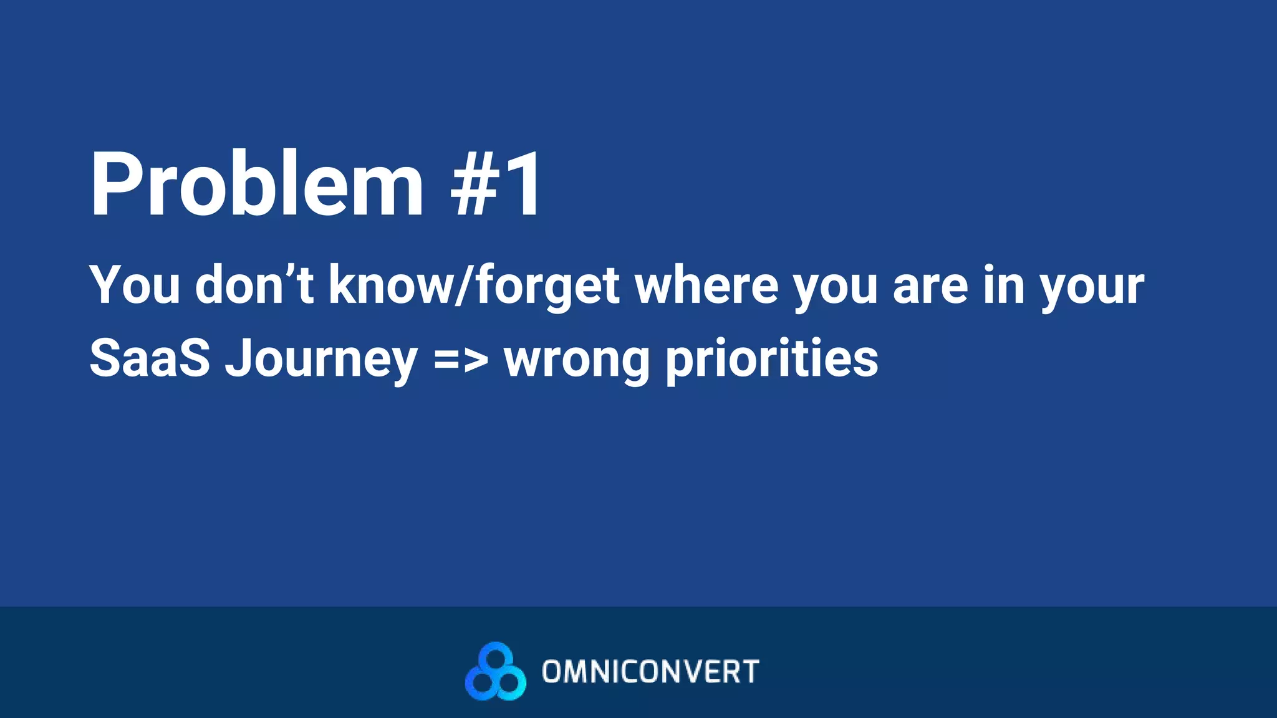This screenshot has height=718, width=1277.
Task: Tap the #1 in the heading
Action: point(496,184)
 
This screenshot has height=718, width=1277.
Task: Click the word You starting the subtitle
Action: point(135,285)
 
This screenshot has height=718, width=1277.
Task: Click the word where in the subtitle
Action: point(706,285)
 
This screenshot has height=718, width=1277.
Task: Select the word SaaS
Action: point(150,358)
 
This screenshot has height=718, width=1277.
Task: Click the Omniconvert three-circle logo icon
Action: point(495,671)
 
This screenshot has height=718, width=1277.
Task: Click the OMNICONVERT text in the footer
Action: point(650,672)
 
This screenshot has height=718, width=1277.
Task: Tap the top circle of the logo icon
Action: point(496,657)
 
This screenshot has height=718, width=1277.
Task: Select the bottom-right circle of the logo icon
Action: point(510,684)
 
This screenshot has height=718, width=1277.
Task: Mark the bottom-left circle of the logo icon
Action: point(481,684)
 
